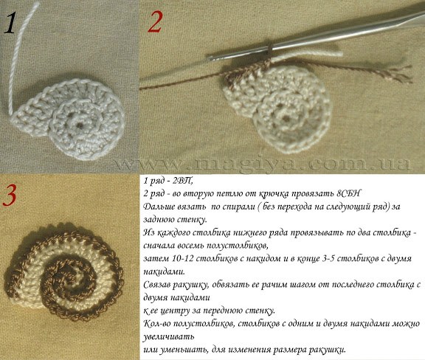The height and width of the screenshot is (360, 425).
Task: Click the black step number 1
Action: point(10,24)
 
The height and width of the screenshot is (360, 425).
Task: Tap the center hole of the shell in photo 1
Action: point(80,125)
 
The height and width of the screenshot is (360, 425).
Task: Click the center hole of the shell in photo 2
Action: point(286,118)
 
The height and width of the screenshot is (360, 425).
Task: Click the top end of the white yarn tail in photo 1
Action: point(37,4)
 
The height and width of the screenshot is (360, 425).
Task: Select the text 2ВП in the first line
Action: point(183,180)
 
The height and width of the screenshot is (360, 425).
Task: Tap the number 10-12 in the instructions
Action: point(182,258)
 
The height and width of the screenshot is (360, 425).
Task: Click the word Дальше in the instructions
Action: point(157,207)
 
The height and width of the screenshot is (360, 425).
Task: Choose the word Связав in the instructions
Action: point(156,285)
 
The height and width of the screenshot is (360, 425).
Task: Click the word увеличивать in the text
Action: point(168,336)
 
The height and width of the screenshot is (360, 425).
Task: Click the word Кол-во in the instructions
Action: point(157,323)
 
